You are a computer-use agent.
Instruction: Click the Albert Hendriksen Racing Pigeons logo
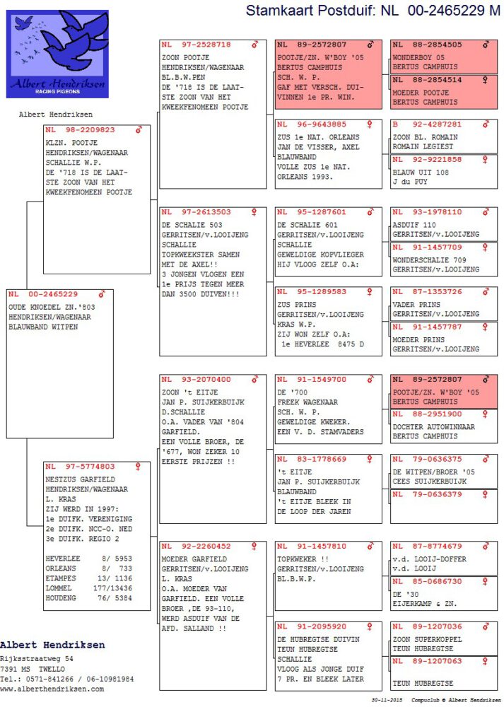pyautogui.click(x=57, y=54)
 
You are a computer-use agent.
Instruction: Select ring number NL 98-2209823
pyautogui.click(x=79, y=130)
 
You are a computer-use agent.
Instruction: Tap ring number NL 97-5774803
pyautogui.click(x=79, y=467)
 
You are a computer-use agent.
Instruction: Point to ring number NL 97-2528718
pyautogui.click(x=196, y=45)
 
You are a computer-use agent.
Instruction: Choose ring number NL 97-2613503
pyautogui.click(x=196, y=212)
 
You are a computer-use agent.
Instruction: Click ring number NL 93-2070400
pyautogui.click(x=196, y=380)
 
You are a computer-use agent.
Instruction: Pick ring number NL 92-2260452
pyautogui.click(x=196, y=547)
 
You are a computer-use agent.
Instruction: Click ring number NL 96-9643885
pyautogui.click(x=311, y=124)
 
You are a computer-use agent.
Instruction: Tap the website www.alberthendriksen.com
pyautogui.click(x=52, y=688)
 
